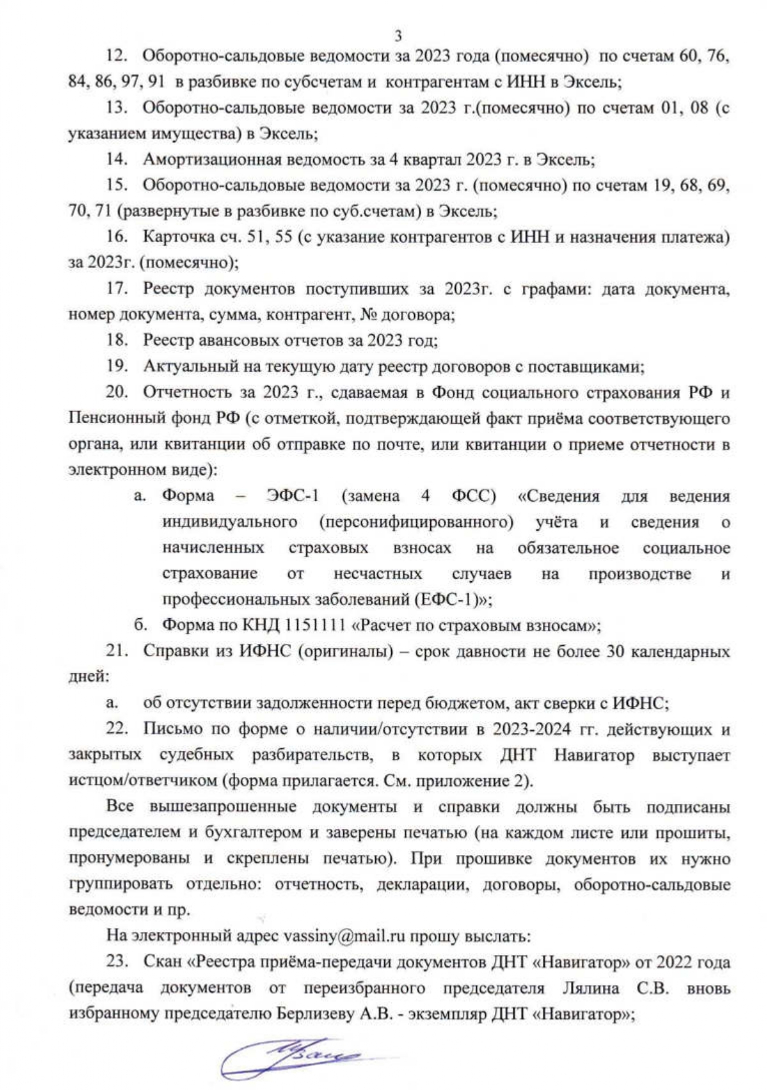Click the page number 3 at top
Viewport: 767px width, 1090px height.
(x=398, y=35)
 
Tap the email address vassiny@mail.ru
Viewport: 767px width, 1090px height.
(x=344, y=936)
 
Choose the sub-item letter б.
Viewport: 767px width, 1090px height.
(x=140, y=625)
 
